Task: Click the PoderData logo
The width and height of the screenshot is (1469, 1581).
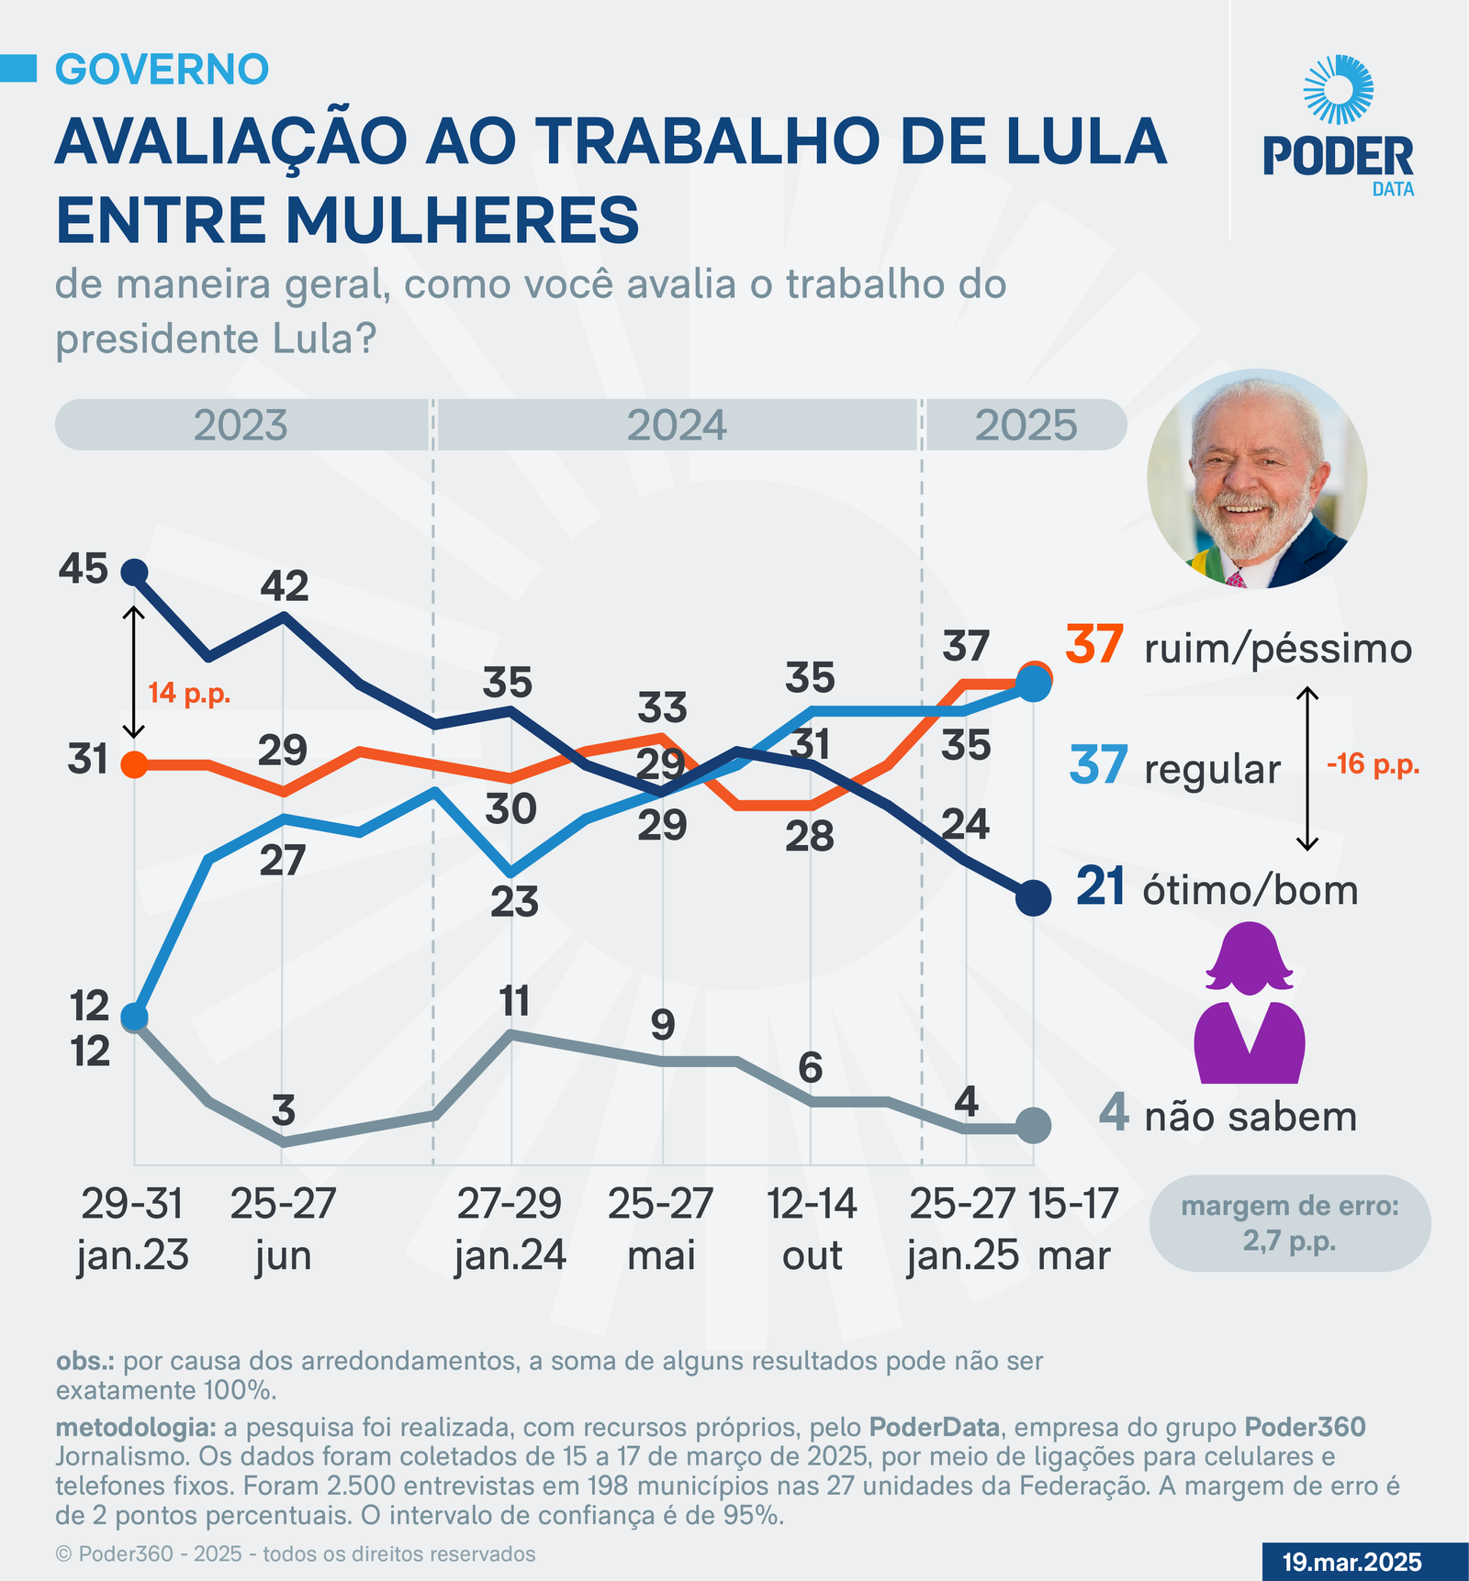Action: pos(1339,128)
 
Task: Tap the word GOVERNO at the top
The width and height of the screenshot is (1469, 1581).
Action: pos(163,70)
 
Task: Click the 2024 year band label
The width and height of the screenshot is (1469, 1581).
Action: pos(677,426)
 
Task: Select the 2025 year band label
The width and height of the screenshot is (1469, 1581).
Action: pos(1026,426)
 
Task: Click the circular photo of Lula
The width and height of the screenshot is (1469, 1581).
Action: pos(1257,479)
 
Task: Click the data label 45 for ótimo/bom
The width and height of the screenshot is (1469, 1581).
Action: pos(84,570)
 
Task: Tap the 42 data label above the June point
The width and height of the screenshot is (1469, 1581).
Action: pos(285,586)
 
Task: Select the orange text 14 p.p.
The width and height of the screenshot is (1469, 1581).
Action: pos(189,693)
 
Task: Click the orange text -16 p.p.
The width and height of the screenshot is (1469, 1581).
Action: pos(1373,763)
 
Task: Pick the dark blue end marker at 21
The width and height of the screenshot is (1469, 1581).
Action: pos(1033,896)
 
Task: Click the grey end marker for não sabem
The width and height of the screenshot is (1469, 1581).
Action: pos(1033,1125)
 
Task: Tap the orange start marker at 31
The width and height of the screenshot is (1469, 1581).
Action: pos(134,763)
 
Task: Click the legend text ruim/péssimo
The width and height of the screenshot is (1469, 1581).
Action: pos(1278,649)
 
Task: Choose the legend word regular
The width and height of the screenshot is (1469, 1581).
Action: pos(1212,769)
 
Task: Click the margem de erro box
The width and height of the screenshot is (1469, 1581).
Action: pos(1290,1223)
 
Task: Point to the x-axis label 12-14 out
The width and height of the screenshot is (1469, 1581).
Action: pos(812,1229)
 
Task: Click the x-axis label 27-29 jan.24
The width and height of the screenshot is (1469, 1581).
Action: pos(510,1229)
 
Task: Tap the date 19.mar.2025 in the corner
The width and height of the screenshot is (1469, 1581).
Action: pos(1351,1562)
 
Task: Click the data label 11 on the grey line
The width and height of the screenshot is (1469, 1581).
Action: pos(515,1001)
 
